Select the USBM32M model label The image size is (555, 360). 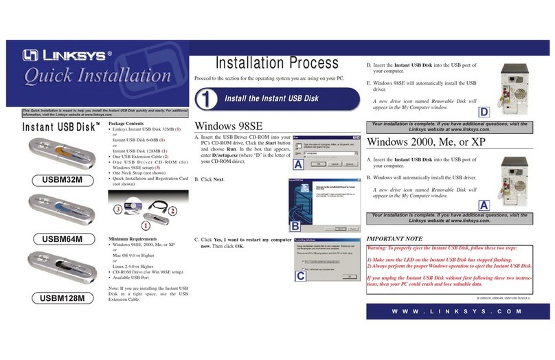tap(52, 181)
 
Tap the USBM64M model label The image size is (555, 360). tap(52, 239)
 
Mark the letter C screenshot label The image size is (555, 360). tap(300, 276)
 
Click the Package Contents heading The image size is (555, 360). tap(131, 122)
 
